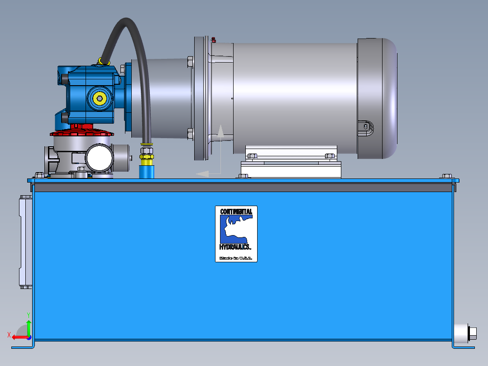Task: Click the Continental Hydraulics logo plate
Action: pyautogui.click(x=236, y=234)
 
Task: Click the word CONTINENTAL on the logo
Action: pyautogui.click(x=236, y=212)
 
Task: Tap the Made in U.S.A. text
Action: pyautogui.click(x=236, y=258)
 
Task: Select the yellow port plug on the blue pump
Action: pyautogui.click(x=99, y=97)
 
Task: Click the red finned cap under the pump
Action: pyautogui.click(x=82, y=132)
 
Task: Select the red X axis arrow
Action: pyautogui.click(x=18, y=337)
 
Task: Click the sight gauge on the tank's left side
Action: pyautogui.click(x=24, y=242)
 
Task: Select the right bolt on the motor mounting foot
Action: pyautogui.click(x=330, y=156)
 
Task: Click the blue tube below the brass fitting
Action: pyautogui.click(x=146, y=171)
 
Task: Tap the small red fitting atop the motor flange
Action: pyautogui.click(x=213, y=39)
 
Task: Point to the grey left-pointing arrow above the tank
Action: pyautogui.click(x=203, y=173)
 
